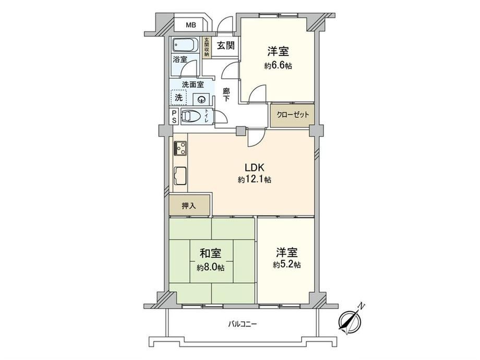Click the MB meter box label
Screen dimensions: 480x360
tap(191, 25)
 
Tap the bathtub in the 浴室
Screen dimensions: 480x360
tap(184, 45)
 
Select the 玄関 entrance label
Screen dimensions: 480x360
tap(226, 45)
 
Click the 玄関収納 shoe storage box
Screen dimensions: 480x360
tap(207, 47)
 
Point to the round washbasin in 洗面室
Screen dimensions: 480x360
tap(201, 99)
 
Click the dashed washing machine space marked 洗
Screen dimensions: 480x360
tap(178, 98)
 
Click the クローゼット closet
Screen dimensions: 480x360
tap(292, 115)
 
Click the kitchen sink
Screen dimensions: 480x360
tap(180, 177)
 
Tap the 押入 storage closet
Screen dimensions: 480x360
tap(189, 206)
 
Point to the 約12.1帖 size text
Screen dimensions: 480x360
tap(255, 179)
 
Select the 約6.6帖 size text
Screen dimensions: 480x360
tap(278, 66)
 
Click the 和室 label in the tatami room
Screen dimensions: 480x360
tap(210, 254)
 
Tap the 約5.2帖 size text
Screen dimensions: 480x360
tap(286, 265)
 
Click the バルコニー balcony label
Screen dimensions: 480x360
tap(243, 324)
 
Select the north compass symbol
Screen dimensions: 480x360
tap(351, 320)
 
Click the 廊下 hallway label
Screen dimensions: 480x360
tap(226, 95)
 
